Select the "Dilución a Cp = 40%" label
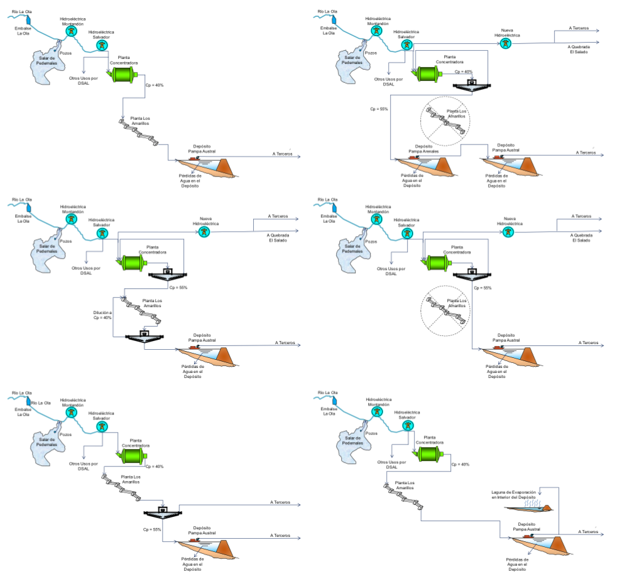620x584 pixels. coord(102,315)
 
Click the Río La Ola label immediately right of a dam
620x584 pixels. coord(41,403)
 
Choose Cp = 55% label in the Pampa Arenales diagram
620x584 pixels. coord(379,109)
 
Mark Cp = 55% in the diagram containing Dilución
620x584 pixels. coord(178,288)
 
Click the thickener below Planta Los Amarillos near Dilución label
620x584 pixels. coord(144,336)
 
